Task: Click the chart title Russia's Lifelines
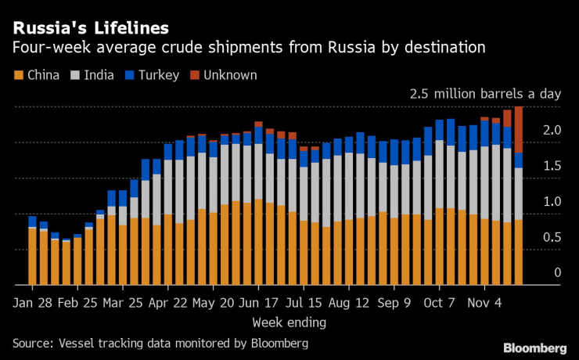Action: click(90, 29)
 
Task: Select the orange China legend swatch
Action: click(17, 75)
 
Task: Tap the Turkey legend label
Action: click(161, 75)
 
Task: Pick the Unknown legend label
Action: click(230, 75)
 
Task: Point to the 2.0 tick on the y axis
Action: click(552, 129)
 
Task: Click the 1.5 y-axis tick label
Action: click(552, 165)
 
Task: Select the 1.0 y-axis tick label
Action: click(552, 201)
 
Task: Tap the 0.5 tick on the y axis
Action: click(552, 237)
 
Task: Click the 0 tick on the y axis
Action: click(558, 272)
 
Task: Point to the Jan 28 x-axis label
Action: click(32, 303)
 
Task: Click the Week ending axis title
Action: click(289, 322)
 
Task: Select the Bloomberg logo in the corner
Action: click(535, 347)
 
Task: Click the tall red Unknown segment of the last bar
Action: click(519, 129)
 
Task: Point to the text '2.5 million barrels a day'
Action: click(485, 94)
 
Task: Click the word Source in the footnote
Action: click(32, 343)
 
